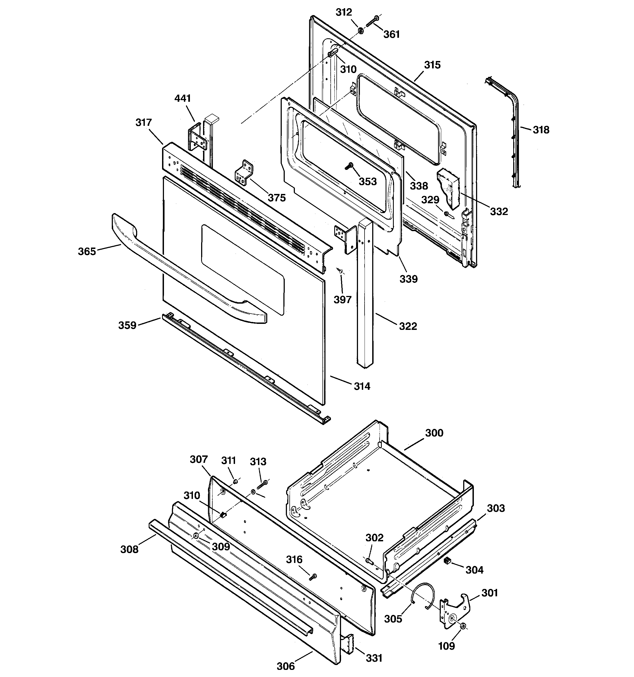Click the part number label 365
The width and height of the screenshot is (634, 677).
[x=87, y=251]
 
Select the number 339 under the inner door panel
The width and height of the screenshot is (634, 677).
[x=408, y=279]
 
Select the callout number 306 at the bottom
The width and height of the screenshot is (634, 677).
[x=286, y=666]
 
